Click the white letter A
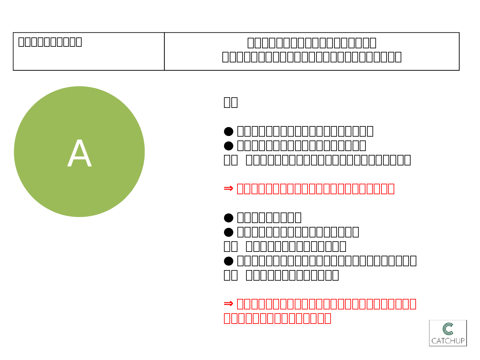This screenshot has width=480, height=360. tap(80, 154)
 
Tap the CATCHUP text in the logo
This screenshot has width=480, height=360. tap(448, 341)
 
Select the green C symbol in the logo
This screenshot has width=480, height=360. tap(448, 329)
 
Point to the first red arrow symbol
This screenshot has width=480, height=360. tap(228, 188)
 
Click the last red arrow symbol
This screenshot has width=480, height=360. tap(228, 303)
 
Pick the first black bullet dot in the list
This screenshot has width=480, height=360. tap(228, 131)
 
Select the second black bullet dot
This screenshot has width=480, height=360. tap(228, 146)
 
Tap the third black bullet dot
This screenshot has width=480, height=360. tap(228, 218)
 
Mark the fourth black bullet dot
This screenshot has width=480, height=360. tap(228, 232)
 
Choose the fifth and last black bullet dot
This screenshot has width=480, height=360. tap(228, 261)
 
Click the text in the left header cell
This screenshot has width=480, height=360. tap(50, 42)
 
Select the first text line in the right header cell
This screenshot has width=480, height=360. tap(312, 43)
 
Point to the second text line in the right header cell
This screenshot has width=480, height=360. tap(312, 57)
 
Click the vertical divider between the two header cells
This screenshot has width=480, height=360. tap(164, 51)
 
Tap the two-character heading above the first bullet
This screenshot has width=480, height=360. tap(230, 102)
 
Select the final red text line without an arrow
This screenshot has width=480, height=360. tap(277, 318)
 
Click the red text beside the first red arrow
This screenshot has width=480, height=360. tap(315, 189)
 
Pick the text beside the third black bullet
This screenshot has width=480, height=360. tap(269, 218)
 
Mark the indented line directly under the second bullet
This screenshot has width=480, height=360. tap(328, 160)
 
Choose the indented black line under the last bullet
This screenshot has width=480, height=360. tap(292, 275)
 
